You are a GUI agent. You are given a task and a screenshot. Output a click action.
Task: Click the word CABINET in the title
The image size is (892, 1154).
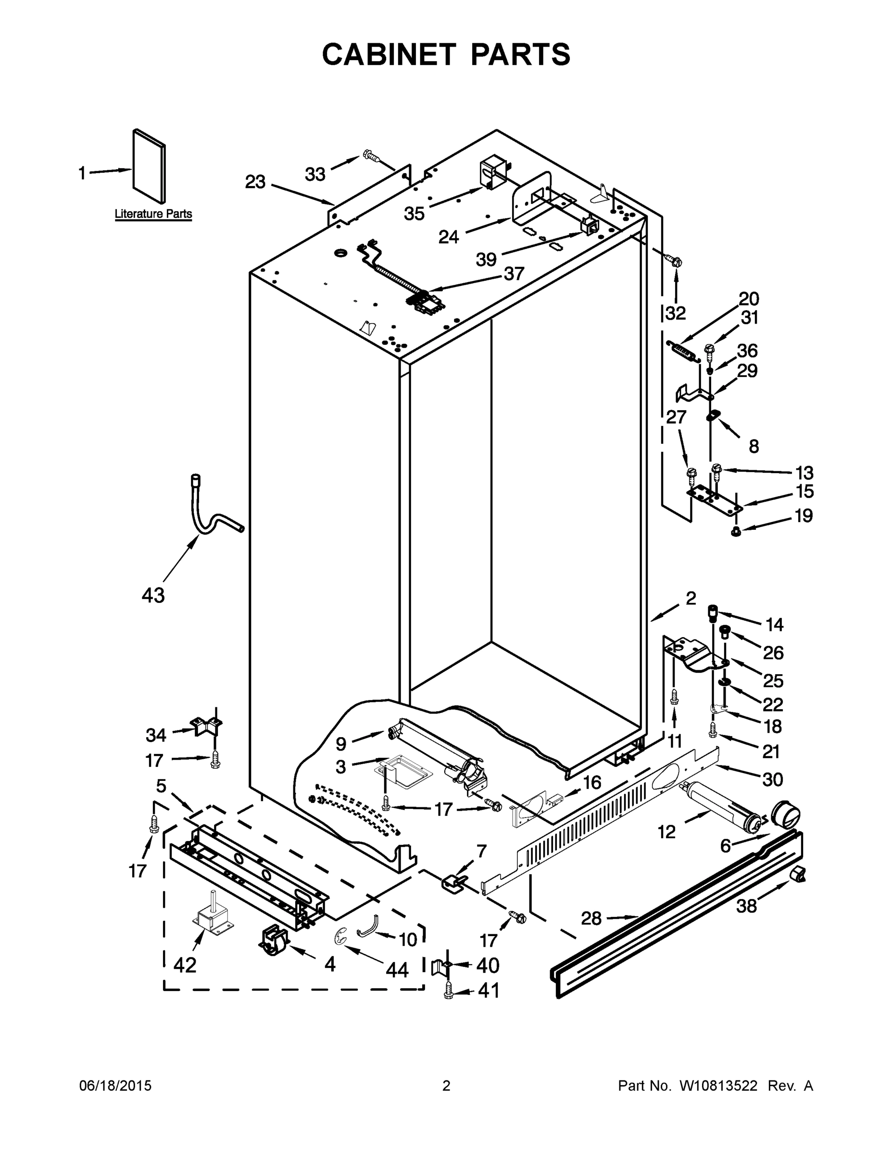tap(389, 54)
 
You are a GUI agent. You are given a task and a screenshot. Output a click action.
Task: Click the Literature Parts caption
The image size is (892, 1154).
tap(153, 214)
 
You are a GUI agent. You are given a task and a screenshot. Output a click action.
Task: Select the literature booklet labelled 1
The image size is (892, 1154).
tap(149, 166)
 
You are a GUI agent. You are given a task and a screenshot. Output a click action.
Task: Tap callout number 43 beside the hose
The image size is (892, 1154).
tap(153, 595)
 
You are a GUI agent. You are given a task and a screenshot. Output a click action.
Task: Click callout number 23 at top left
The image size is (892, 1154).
tap(255, 182)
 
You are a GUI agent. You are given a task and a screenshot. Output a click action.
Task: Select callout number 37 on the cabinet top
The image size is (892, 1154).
tap(514, 273)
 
